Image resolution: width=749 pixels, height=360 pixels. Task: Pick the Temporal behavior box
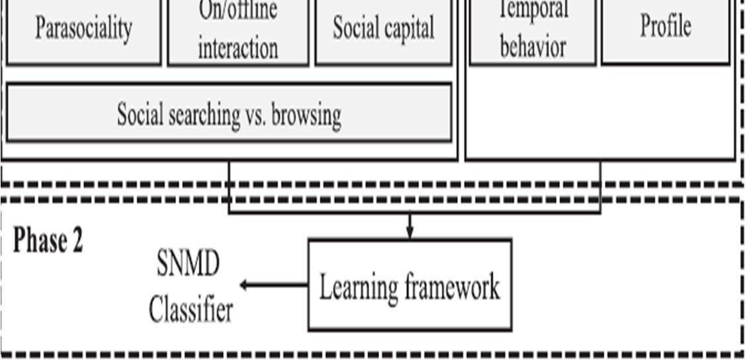coord(533,32)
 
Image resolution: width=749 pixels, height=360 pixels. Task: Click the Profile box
coord(665,30)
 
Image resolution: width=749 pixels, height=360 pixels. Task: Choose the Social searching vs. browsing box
coord(229,112)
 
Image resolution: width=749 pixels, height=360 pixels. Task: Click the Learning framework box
coord(410,285)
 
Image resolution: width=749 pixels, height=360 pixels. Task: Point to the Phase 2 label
coord(48,241)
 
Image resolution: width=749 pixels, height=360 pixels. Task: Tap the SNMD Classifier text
coord(190,287)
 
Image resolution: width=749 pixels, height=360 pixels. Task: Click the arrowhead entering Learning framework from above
coord(410,233)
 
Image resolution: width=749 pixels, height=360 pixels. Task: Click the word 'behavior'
coord(533,48)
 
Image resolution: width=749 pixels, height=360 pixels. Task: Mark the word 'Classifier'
coord(191,310)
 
